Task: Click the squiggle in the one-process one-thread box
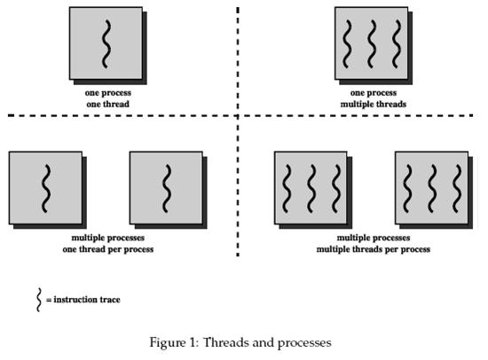click(x=106, y=43)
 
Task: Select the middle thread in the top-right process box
click(x=372, y=43)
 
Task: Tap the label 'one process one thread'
click(x=108, y=98)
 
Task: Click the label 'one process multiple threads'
click(x=374, y=98)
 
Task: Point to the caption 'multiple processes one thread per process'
click(x=108, y=243)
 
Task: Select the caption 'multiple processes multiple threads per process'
click(x=374, y=243)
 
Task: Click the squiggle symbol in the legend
click(x=38, y=300)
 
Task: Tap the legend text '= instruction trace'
click(x=83, y=300)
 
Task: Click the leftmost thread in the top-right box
click(x=347, y=43)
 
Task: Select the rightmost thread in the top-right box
click(x=397, y=43)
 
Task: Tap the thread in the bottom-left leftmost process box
click(x=46, y=189)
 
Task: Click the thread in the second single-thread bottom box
click(x=167, y=189)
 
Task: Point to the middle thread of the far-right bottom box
click(x=432, y=189)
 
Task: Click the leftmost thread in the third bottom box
click(x=287, y=189)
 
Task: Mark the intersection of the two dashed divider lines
click(x=238, y=116)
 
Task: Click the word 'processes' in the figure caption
click(x=304, y=343)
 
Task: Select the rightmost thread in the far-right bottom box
click(x=457, y=189)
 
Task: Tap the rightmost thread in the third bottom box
click(x=336, y=189)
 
